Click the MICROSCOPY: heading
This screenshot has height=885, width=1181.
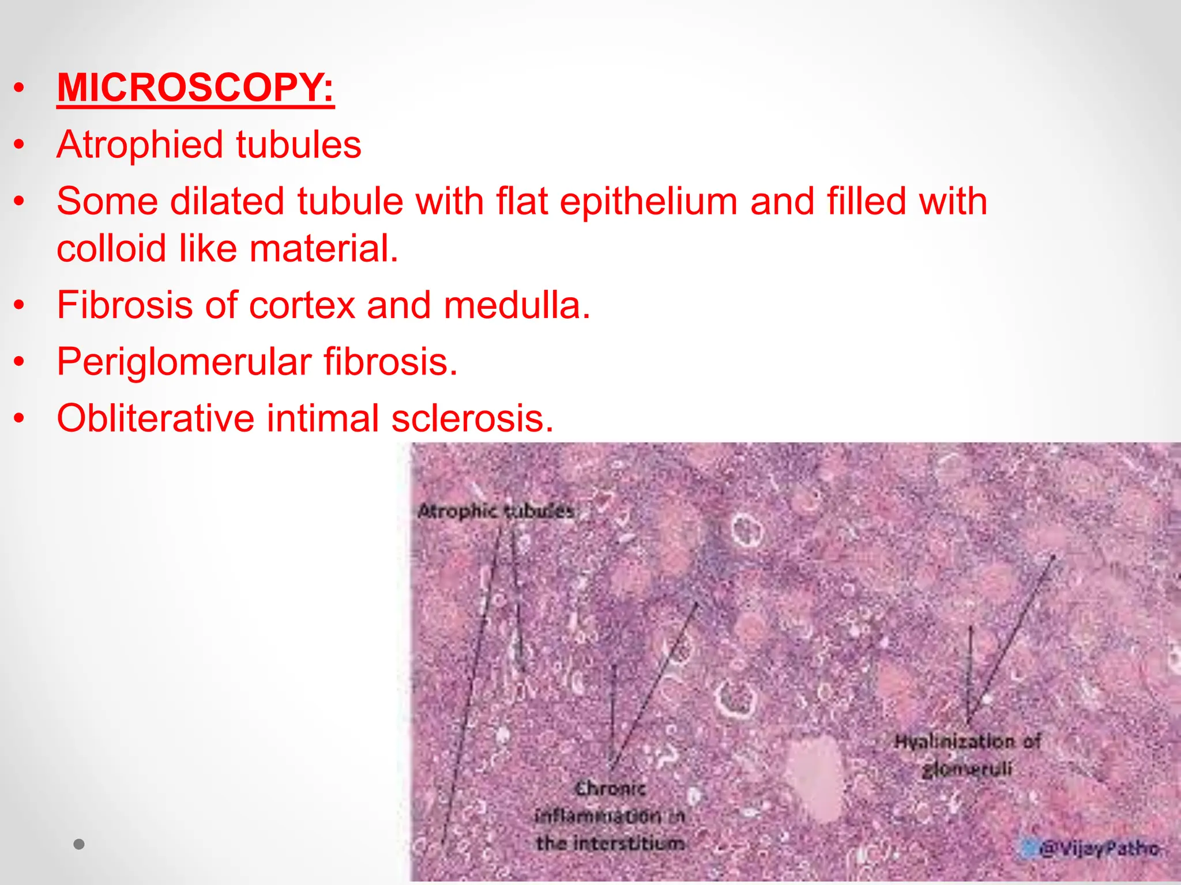pos(195,88)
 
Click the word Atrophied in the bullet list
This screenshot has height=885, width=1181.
pos(139,145)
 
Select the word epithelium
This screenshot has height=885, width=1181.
pos(648,202)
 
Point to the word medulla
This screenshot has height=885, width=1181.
pos(516,305)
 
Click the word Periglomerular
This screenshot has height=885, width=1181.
pos(183,362)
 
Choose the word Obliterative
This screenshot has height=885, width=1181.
pos(155,418)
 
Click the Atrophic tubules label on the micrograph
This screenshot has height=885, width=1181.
pos(496,511)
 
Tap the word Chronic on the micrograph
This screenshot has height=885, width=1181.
pos(610,788)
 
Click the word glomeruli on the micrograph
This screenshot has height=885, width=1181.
pos(967,769)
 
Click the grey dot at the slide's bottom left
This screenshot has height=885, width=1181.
pos(79,845)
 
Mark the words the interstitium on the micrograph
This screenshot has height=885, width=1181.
pos(610,844)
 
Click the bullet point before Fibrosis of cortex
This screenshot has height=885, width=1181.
pos(20,305)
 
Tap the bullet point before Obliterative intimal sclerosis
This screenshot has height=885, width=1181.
pos(20,418)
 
